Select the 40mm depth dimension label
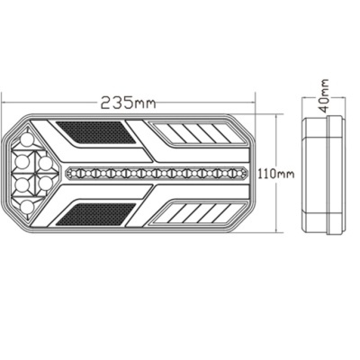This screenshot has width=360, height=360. tap(323, 92)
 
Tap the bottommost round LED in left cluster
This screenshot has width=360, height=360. tap(27, 207)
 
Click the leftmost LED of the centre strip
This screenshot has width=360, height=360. tap(73, 173)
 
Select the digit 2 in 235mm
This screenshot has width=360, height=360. tap(106, 102)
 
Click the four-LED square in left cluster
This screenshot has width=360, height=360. tap(38, 173)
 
